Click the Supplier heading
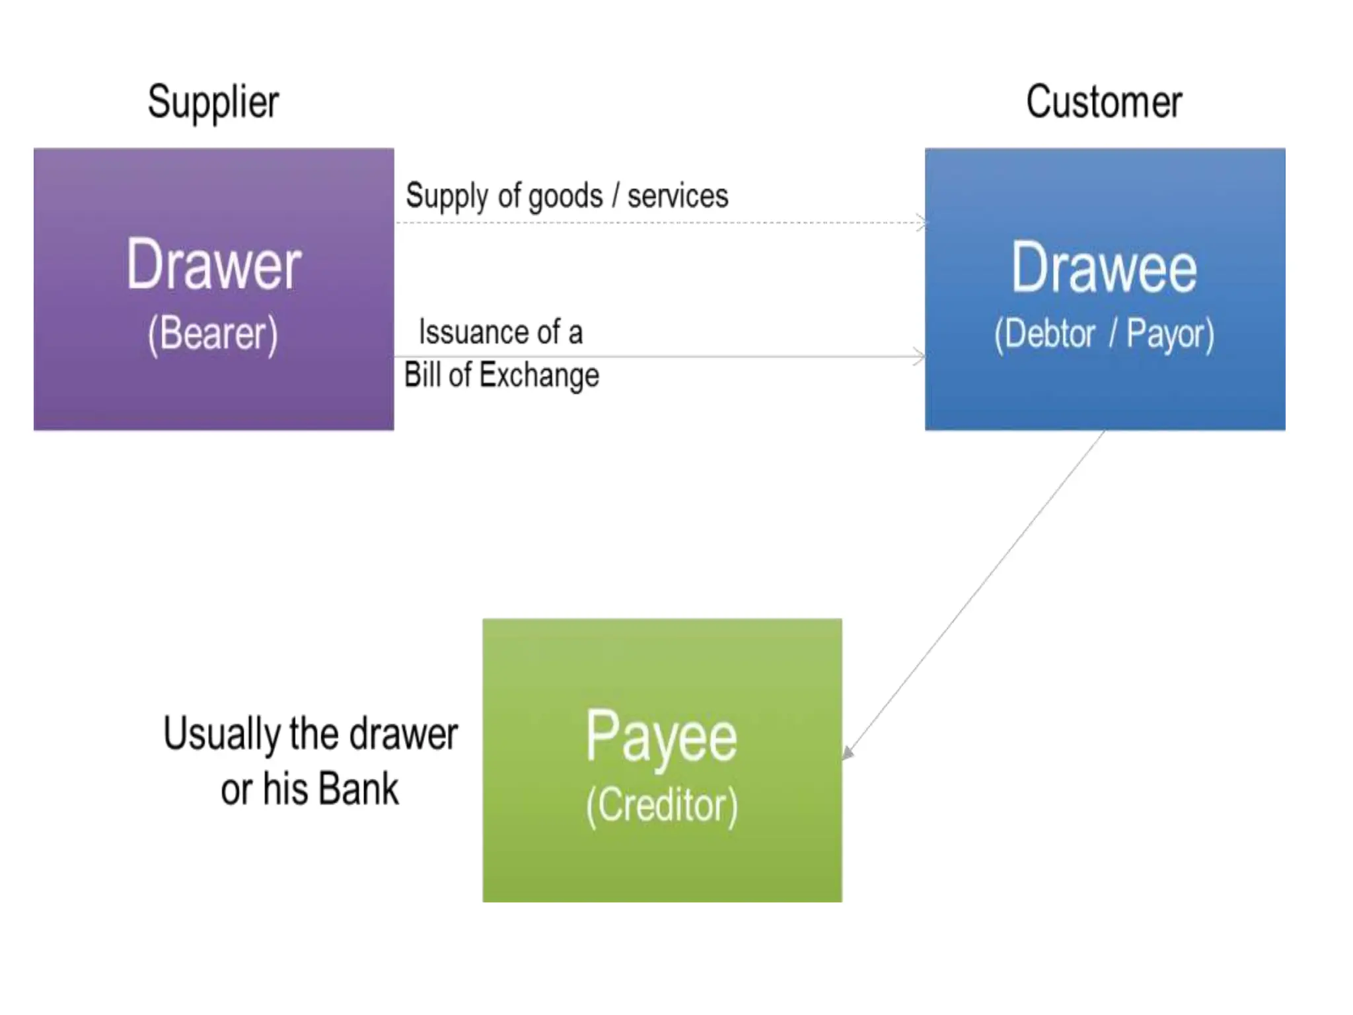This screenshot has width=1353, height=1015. coord(213,102)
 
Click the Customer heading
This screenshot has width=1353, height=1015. coord(1104,102)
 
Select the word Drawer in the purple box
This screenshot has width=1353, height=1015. coord(214,265)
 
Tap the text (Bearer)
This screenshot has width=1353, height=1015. coord(213,334)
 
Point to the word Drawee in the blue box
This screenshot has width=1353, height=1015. coord(1104,268)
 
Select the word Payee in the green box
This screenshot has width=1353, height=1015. coord(661,737)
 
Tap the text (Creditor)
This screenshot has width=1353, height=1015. coord(661,806)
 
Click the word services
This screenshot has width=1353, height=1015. coord(678,196)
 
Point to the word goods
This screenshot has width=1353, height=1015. coord(566,197)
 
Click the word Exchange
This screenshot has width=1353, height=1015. coord(539,375)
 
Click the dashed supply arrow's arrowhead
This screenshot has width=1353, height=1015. coord(920,222)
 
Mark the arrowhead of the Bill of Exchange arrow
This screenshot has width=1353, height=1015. coord(919,357)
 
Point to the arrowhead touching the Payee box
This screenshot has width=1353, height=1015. coord(848,752)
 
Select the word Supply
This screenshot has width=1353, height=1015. coord(446,196)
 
